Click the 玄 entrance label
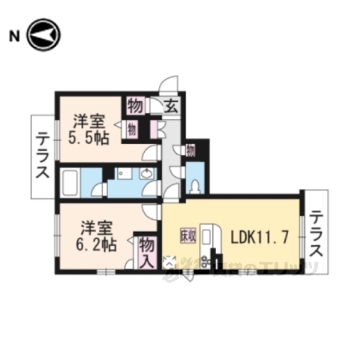170,105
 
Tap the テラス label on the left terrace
41,157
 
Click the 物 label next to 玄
136,104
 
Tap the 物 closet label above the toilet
190,150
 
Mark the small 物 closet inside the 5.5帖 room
132,128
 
